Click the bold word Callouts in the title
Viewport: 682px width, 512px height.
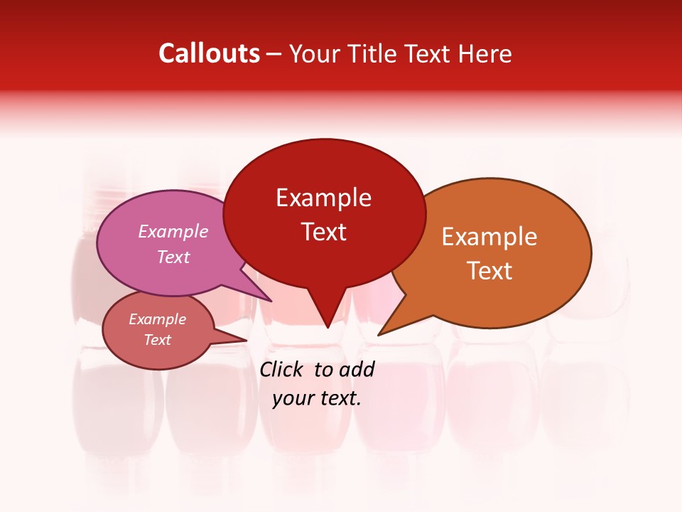click(209, 53)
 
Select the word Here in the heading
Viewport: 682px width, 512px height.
click(485, 54)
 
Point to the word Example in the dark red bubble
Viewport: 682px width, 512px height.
click(323, 198)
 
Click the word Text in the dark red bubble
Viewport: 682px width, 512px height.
click(323, 232)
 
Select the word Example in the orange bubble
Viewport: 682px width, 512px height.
click(489, 237)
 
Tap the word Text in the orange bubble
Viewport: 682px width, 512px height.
click(489, 271)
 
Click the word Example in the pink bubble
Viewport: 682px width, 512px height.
click(173, 231)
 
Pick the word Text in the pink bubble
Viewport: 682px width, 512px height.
click(173, 257)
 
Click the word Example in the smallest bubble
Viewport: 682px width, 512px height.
click(158, 319)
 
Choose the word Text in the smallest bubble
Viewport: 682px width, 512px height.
click(158, 340)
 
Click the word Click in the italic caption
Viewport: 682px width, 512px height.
click(283, 369)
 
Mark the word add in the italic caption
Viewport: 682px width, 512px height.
click(357, 369)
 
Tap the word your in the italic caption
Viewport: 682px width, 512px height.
click(293, 398)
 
